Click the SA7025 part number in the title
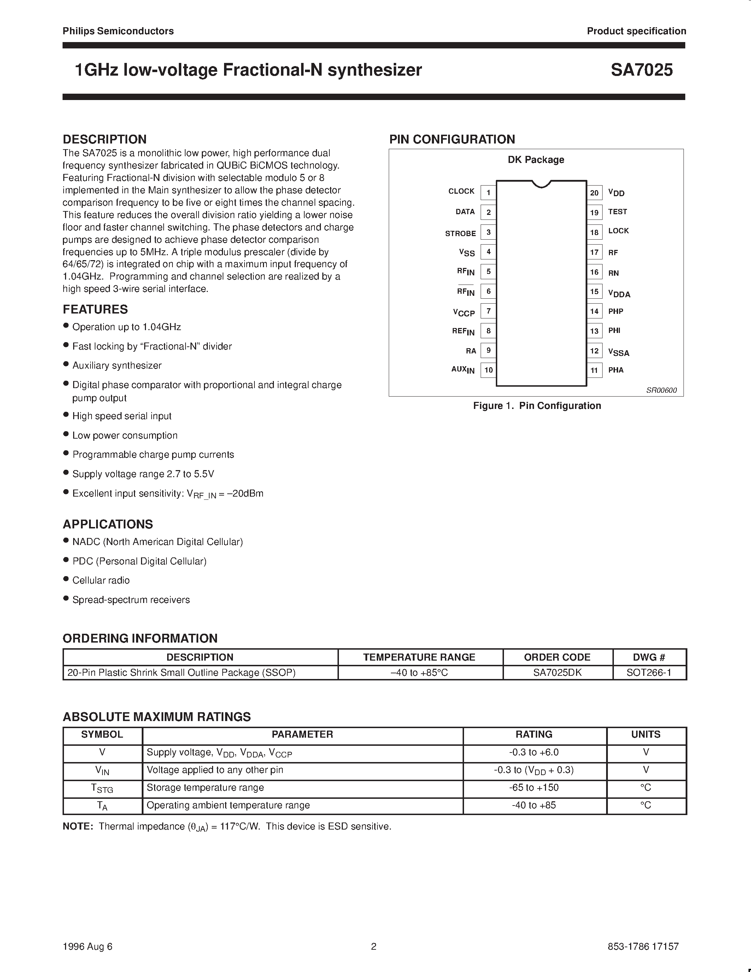[641, 70]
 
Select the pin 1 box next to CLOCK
[488, 193]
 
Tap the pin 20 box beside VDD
[594, 193]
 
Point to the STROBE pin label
[460, 233]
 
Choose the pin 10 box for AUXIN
[488, 370]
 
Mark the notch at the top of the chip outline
[541, 184]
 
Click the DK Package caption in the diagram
[536, 160]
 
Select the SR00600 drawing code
[661, 390]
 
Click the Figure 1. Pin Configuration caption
[536, 405]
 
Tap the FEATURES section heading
[95, 309]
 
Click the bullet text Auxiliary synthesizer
[117, 365]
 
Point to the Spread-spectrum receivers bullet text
[131, 599]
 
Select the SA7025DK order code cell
[557, 673]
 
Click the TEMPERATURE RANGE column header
[419, 657]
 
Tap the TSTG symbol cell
[102, 788]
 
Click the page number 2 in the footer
[374, 946]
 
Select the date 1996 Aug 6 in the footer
[88, 946]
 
